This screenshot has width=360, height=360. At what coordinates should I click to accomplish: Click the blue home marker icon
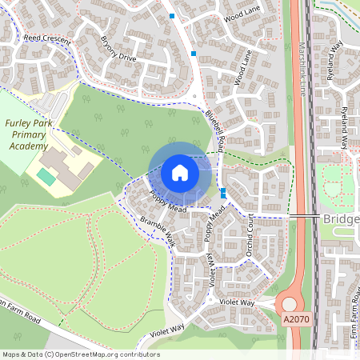click(x=180, y=173)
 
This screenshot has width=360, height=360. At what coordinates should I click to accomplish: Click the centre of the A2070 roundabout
click(x=289, y=305)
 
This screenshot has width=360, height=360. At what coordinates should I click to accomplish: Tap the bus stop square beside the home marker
click(x=222, y=193)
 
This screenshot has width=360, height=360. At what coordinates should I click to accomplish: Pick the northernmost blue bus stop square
click(x=172, y=15)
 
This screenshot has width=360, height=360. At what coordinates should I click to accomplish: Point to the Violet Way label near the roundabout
click(x=237, y=302)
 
